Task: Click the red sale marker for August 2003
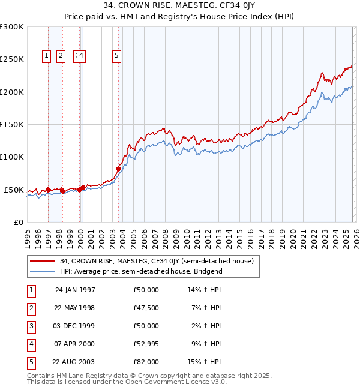pos(118,169)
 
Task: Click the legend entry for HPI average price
pos(141,271)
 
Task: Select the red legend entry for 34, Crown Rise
pos(157,261)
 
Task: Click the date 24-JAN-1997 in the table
pos(75,290)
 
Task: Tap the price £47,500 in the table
pos(146,308)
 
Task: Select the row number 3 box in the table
pos(31,326)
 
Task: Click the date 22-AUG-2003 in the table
pos(74,362)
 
